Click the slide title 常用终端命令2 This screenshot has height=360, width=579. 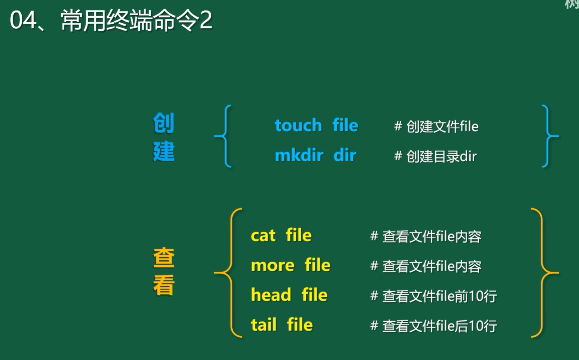(137, 20)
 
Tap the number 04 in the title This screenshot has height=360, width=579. (23, 21)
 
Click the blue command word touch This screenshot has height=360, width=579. (298, 125)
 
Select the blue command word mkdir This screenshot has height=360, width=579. (299, 155)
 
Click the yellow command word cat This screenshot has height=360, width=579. (263, 236)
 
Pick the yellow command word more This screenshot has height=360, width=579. (273, 266)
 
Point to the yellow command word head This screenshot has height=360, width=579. (271, 295)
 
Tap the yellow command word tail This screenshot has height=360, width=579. (264, 325)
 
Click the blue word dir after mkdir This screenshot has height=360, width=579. (345, 155)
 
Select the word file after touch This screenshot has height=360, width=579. (345, 125)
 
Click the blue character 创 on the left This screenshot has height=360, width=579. (164, 123)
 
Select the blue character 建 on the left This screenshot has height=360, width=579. (164, 151)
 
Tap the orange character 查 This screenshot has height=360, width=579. (164, 257)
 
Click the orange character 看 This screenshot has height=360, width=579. (164, 285)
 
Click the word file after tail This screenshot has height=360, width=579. (300, 324)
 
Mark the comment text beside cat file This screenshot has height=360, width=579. (426, 237)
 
